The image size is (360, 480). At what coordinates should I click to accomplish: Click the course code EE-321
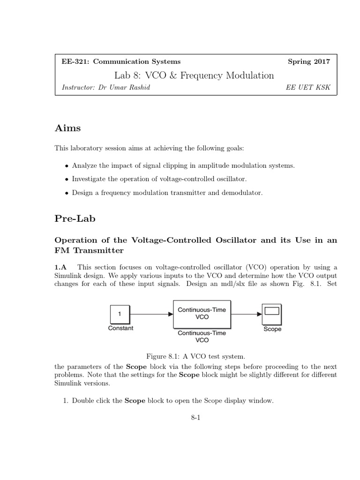(x=75, y=61)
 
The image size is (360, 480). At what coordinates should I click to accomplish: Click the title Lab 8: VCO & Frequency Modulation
(x=194, y=75)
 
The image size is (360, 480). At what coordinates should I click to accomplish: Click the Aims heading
(x=68, y=128)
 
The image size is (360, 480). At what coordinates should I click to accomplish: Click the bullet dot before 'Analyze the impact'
(x=67, y=166)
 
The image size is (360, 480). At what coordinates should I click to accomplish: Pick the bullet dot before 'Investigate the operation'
(x=67, y=180)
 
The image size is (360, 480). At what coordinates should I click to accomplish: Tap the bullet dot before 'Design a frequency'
(x=67, y=193)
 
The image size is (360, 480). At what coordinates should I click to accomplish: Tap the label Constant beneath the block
(x=120, y=328)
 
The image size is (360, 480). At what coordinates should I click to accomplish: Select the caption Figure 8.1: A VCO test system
(x=196, y=356)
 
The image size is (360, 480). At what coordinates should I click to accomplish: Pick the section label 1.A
(x=61, y=267)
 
